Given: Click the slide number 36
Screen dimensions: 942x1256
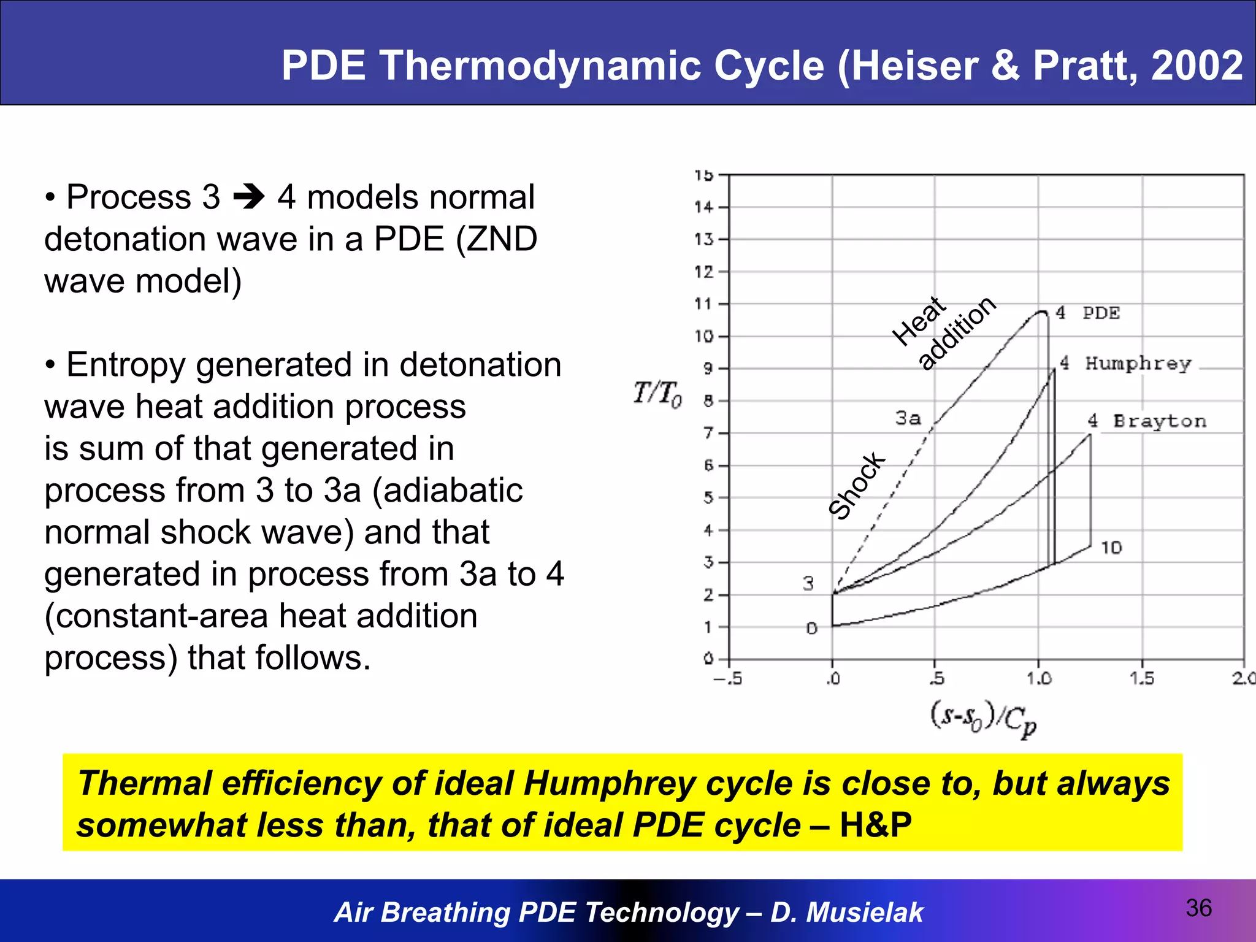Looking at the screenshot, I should tap(1198, 908).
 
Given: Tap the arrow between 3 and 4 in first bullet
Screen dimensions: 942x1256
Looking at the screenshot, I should tap(249, 197).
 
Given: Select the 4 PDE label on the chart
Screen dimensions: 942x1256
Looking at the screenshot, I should tap(1088, 313).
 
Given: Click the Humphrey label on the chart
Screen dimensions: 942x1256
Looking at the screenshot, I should tap(1138, 363).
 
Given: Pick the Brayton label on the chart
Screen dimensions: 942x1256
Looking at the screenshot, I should tap(1159, 421).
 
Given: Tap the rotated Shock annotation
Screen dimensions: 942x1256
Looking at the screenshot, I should tap(857, 486).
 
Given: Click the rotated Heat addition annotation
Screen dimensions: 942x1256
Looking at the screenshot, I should tap(944, 332).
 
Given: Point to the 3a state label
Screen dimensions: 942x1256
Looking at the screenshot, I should tap(908, 418).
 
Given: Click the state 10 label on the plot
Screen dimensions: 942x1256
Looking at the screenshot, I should tap(1111, 547).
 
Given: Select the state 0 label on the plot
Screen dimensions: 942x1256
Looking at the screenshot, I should tap(811, 628).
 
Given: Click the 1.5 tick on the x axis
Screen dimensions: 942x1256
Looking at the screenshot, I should tap(1141, 678).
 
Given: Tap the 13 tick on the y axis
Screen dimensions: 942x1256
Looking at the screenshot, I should tap(704, 239).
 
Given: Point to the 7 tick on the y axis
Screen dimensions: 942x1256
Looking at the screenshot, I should tap(708, 434).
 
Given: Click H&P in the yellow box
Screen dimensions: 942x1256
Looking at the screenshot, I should tap(875, 824).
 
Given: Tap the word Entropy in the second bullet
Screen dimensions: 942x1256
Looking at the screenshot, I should tap(125, 365).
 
